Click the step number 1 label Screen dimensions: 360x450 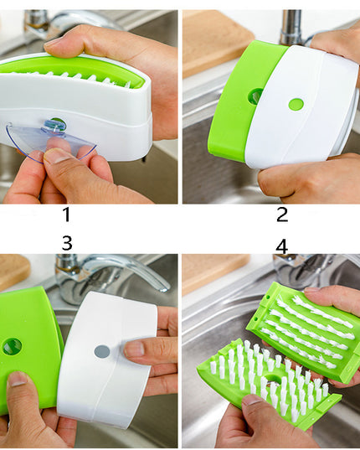(66, 215)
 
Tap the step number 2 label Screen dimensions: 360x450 (282, 215)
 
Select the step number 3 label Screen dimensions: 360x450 (67, 243)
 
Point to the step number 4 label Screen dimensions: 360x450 (282, 246)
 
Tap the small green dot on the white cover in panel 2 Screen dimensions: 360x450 (296, 105)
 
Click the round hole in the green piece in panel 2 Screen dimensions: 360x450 (255, 96)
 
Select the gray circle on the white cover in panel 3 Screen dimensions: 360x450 (102, 352)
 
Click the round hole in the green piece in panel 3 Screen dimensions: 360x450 (12, 347)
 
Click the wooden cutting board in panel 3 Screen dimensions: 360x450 (13, 272)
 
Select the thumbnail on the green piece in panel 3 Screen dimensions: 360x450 (18, 379)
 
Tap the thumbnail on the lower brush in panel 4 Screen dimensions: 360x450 (252, 400)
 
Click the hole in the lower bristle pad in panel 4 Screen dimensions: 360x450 (271, 379)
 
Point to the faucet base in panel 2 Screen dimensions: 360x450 (291, 28)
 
